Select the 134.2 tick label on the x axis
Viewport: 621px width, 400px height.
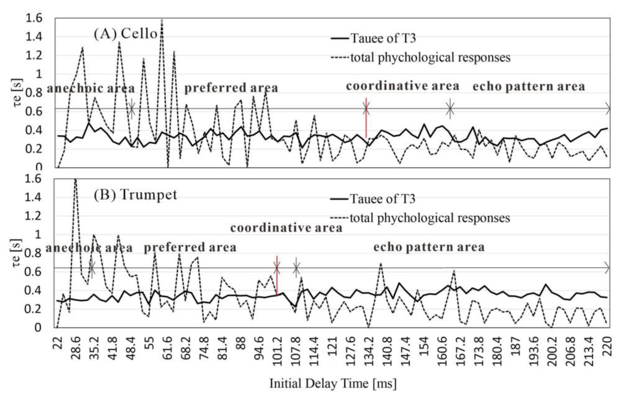369,348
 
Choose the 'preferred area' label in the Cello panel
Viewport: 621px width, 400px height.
231,88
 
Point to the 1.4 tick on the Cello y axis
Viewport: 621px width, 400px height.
34,37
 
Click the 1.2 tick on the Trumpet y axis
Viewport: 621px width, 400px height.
34,216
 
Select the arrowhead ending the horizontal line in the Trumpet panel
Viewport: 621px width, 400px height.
607,268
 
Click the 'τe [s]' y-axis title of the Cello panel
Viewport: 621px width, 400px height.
18,93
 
